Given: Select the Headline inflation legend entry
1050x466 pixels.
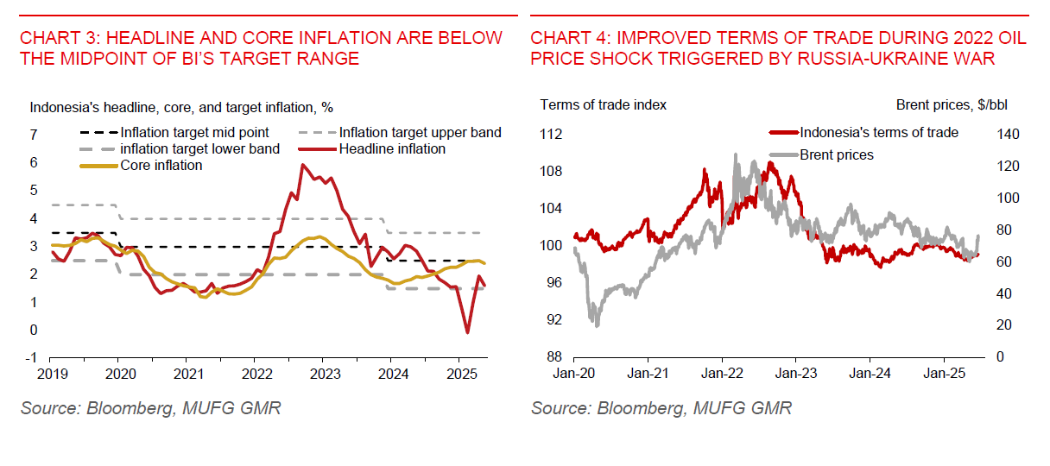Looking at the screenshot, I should click(x=392, y=148).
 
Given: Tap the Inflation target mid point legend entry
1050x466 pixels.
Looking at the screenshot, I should click(x=194, y=133).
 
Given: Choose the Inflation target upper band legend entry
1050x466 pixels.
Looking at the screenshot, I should click(x=420, y=133).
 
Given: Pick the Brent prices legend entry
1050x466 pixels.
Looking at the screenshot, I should click(x=837, y=155).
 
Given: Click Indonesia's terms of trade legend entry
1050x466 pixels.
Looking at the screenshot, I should click(x=878, y=133).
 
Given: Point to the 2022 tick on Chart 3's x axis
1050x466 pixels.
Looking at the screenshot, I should click(x=256, y=375).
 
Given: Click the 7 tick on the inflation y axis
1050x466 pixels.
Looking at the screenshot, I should click(x=34, y=135).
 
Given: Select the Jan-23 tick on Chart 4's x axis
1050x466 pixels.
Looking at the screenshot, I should click(x=795, y=375).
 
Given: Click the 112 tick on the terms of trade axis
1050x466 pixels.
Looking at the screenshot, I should click(x=552, y=135).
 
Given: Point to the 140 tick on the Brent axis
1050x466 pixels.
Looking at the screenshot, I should click(x=1009, y=135).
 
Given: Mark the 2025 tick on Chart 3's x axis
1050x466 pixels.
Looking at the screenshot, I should click(x=460, y=375).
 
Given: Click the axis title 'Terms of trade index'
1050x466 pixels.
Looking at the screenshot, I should click(x=603, y=105).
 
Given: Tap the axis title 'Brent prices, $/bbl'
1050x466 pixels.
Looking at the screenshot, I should click(x=951, y=105).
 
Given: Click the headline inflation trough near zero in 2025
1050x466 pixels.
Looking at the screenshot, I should click(x=467, y=332).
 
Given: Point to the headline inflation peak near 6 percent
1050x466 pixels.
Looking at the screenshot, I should click(x=301, y=164).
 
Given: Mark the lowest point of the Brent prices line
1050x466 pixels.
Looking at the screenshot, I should click(x=596, y=325).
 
